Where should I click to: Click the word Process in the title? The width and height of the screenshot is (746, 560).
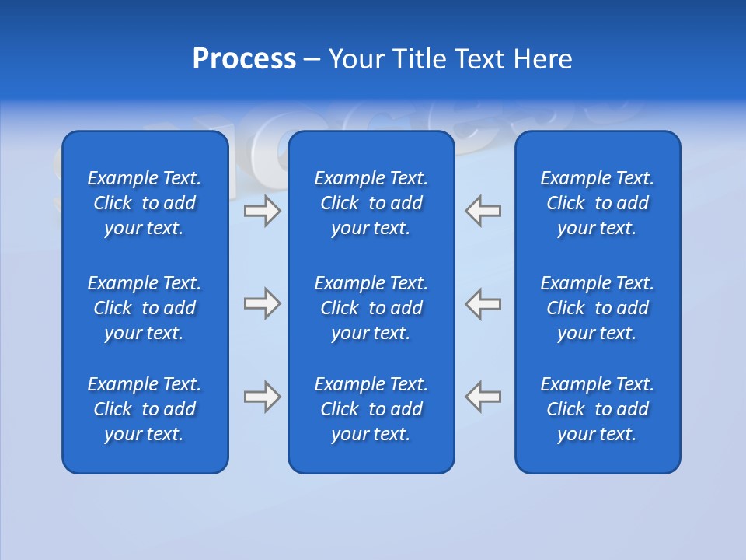tap(244, 59)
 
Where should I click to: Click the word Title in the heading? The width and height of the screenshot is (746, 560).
tap(419, 59)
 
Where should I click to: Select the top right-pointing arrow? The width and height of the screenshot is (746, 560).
tap(262, 211)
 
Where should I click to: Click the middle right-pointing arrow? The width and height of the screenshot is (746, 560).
tap(262, 303)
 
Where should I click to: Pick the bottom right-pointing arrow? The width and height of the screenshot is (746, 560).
tap(262, 397)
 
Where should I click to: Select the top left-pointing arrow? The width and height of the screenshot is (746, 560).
tap(483, 211)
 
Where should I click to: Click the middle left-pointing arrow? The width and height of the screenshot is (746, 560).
tap(483, 303)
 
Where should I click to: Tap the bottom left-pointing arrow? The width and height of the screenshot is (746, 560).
tap(483, 397)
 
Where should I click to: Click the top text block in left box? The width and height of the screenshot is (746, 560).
tap(145, 203)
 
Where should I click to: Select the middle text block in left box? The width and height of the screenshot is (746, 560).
tap(145, 308)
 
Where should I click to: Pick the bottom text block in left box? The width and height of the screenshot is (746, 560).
tap(145, 409)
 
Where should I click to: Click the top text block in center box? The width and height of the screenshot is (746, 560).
tap(371, 203)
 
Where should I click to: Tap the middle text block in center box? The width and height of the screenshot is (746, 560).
tap(371, 308)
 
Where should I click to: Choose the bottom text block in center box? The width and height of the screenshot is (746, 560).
tap(371, 409)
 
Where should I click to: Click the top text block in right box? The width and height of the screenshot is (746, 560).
tap(597, 203)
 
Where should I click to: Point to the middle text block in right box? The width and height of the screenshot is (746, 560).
tap(597, 308)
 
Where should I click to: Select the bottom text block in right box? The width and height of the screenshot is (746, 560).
tap(597, 409)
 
